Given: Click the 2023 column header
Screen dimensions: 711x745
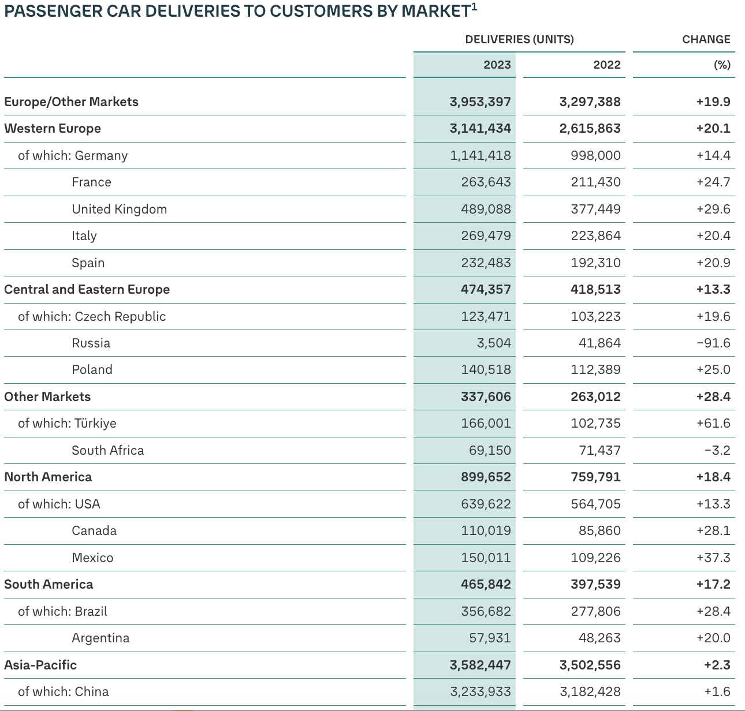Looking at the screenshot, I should click(x=497, y=65).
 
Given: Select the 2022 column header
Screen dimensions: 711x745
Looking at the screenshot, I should click(x=606, y=65).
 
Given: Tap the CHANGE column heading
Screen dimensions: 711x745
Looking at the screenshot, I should click(x=706, y=39).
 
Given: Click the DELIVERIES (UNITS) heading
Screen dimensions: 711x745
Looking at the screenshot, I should click(x=519, y=39).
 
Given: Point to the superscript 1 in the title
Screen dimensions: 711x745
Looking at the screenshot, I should click(x=474, y=6).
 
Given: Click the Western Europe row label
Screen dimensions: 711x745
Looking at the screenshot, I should click(x=53, y=128).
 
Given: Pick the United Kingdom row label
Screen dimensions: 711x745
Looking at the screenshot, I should click(x=119, y=209).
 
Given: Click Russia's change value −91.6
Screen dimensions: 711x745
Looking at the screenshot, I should click(x=713, y=343).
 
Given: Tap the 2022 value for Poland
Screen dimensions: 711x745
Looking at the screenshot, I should click(x=595, y=369).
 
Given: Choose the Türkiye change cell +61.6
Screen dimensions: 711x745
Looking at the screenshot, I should click(x=713, y=423).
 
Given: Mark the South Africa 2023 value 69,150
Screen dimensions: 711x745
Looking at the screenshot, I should click(x=490, y=450).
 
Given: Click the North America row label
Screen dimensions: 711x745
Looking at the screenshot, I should click(x=48, y=477).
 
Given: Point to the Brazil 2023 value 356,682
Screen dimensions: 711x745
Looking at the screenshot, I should click(x=486, y=611).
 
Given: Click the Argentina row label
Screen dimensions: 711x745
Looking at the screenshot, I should click(x=100, y=638).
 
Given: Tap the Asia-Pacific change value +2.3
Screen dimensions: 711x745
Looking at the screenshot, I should click(x=717, y=665).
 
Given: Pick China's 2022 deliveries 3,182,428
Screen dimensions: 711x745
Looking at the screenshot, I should click(x=590, y=691).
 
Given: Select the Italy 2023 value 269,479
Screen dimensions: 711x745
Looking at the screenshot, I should click(x=486, y=235).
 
